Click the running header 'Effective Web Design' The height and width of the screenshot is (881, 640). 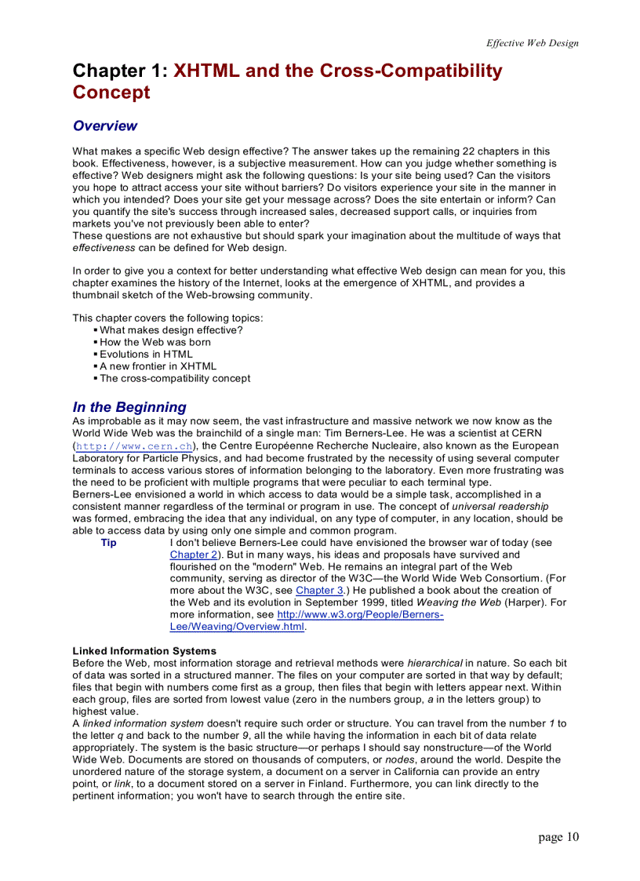point(532,43)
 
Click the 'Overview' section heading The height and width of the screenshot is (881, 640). point(104,126)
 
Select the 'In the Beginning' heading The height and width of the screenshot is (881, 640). point(129,406)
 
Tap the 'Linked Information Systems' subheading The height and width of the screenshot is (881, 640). point(144,650)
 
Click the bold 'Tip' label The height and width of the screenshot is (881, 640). point(108,542)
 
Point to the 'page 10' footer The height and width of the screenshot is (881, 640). point(558,837)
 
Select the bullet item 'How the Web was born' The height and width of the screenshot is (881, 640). point(155,342)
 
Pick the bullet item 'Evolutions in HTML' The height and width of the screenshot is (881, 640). point(146,354)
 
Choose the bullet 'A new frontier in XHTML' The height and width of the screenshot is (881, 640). point(158,366)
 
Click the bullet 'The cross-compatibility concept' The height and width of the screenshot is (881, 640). point(175,378)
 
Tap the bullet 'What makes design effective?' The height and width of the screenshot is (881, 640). point(171,330)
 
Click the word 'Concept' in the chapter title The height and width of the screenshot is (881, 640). point(111,93)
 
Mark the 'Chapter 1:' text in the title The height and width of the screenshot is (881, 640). point(120,71)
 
